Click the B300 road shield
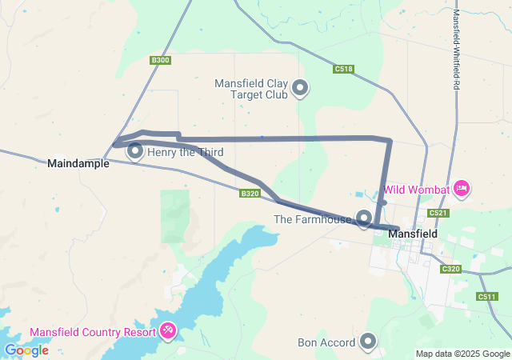(160, 61)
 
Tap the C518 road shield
(343, 70)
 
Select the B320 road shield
(250, 193)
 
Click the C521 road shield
(437, 213)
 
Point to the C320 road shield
(451, 269)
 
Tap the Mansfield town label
(412, 234)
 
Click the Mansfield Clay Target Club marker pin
(300, 87)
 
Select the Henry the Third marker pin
(135, 150)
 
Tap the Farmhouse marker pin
(364, 217)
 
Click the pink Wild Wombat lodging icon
(461, 189)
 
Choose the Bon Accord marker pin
(368, 342)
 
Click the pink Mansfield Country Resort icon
(168, 330)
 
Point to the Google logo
(26, 350)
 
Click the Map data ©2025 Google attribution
(462, 354)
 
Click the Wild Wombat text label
(416, 190)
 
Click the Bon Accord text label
(326, 343)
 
